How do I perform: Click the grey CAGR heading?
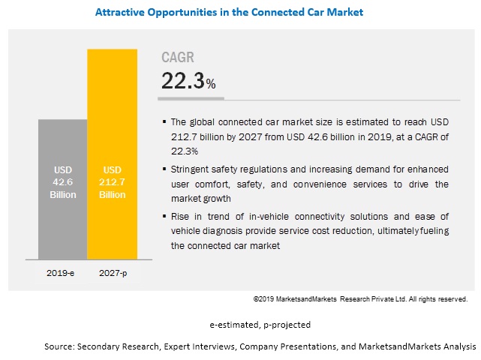[177, 58]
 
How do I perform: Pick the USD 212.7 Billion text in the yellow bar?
[113, 181]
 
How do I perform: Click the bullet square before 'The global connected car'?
[164, 121]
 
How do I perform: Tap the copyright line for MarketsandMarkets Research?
[360, 299]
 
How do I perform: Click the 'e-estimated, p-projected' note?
[260, 325]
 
